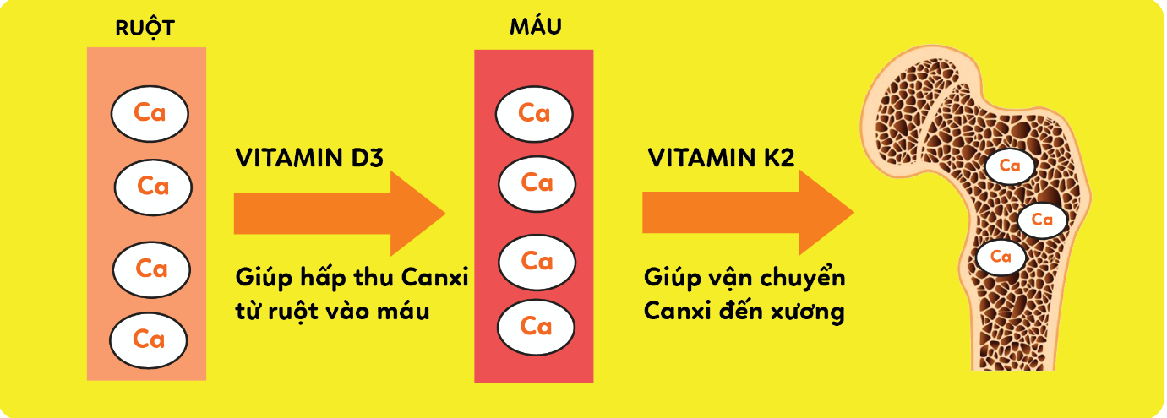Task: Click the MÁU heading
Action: point(536,28)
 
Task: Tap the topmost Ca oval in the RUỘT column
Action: point(150,112)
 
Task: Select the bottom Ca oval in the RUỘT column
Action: point(148,339)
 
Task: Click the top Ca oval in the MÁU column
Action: point(534,112)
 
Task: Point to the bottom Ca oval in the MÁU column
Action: point(536,325)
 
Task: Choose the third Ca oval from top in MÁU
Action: point(537,262)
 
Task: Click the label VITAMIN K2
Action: point(721,159)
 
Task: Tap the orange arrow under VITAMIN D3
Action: point(338,212)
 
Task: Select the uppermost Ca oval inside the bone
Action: point(1010,166)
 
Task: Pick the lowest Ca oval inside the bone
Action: point(1001,256)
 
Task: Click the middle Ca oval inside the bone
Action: point(1042,220)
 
